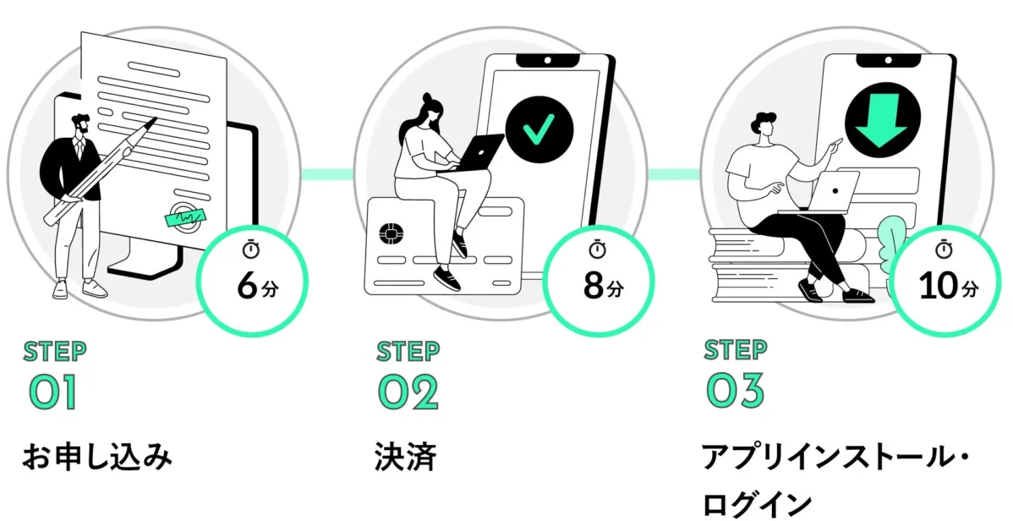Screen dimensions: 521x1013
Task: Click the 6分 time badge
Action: [x=253, y=275]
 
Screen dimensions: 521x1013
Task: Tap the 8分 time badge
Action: [x=598, y=275]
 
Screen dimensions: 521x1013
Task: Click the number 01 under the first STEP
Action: [x=52, y=392]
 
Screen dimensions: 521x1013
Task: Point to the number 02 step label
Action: [x=408, y=392]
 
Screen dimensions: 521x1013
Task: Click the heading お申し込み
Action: [x=96, y=458]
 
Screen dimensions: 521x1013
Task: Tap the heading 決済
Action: [x=405, y=458]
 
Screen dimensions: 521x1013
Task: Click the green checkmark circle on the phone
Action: [x=539, y=131]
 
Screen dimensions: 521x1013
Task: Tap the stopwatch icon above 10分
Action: [x=945, y=249]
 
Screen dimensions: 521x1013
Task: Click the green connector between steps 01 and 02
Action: [x=327, y=173]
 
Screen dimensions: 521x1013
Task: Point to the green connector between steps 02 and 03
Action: [x=674, y=173]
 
